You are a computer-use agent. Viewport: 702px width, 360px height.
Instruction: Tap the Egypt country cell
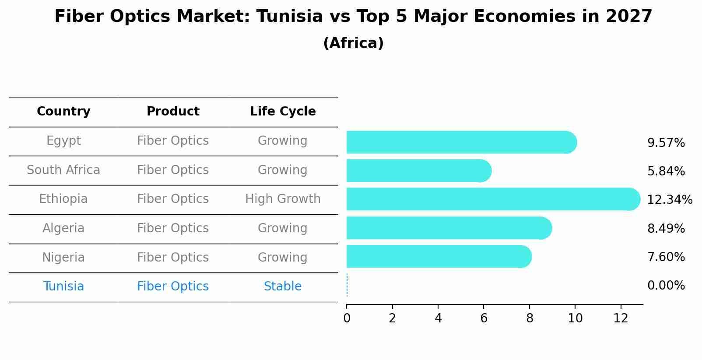click(63, 141)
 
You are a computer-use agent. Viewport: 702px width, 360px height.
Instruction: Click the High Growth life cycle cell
click(283, 199)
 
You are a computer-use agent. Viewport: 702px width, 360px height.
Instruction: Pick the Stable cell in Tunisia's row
click(283, 287)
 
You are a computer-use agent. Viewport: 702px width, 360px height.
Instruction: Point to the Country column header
click(63, 112)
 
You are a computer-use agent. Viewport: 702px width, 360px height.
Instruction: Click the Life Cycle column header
click(283, 112)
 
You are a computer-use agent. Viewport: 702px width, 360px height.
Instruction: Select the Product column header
click(173, 112)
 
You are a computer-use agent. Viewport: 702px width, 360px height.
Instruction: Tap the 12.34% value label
click(669, 200)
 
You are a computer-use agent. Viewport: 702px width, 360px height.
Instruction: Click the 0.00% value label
click(666, 286)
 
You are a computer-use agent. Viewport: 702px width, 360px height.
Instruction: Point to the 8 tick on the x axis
click(530, 318)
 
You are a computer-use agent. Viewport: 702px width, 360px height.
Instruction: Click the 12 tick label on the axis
click(621, 318)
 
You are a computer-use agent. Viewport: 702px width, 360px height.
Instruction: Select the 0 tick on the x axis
click(347, 318)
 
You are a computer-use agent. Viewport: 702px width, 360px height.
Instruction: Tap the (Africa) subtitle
click(353, 43)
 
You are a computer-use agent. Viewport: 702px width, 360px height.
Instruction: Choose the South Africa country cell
click(63, 170)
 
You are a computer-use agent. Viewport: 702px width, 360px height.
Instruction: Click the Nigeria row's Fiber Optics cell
click(173, 258)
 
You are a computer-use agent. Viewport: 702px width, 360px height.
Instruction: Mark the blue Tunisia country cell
click(63, 287)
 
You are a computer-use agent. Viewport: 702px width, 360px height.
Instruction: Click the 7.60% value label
click(666, 257)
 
